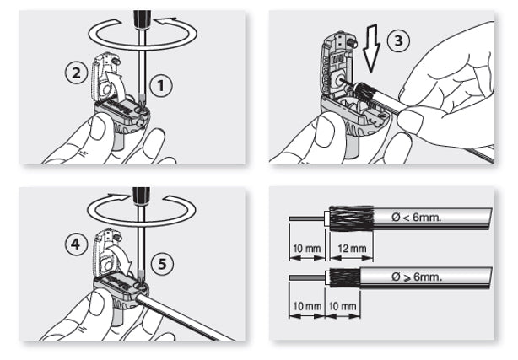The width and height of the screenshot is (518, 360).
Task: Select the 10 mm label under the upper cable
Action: click(305, 249)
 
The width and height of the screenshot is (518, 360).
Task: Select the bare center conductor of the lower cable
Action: click(304, 277)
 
